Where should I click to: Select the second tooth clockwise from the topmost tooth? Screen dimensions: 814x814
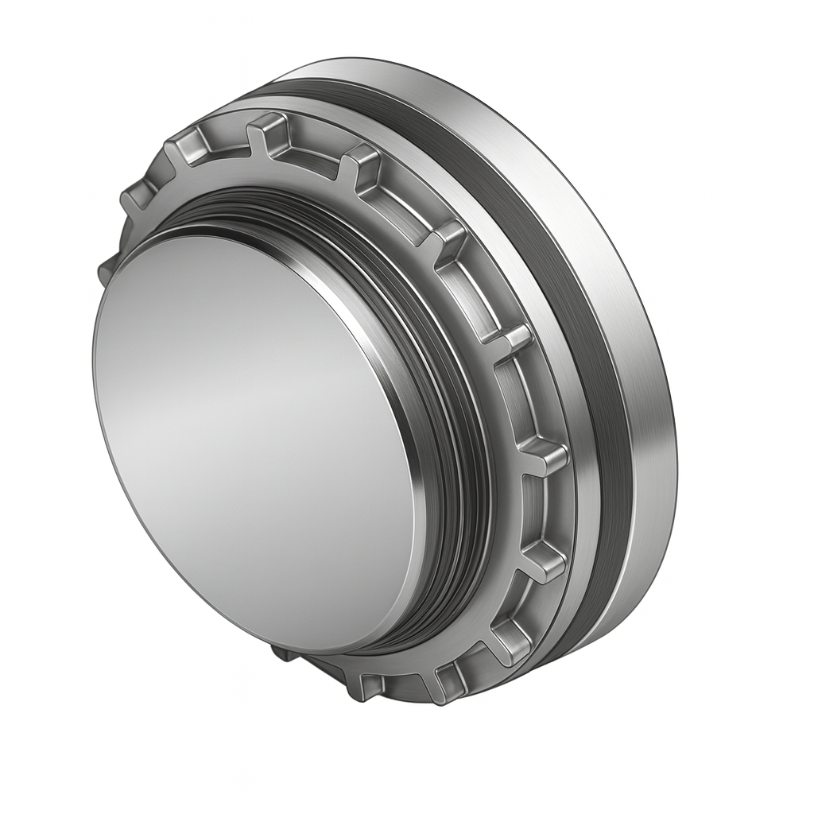tap(445, 238)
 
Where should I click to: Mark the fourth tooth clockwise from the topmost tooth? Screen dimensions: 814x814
tap(545, 455)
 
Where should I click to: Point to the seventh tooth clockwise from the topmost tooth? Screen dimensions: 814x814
tap(450, 680)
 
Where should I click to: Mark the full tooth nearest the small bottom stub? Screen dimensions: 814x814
tap(370, 685)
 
